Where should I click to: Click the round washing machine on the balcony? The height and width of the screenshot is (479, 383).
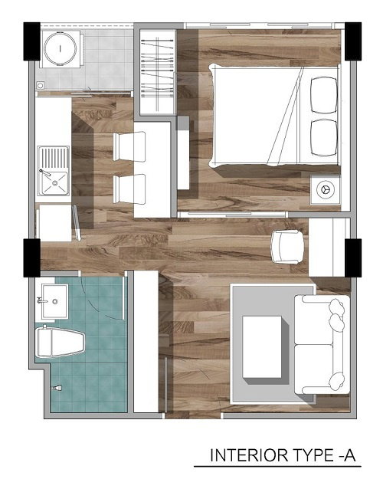coord(61,48)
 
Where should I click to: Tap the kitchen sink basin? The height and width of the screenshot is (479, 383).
coord(55,183)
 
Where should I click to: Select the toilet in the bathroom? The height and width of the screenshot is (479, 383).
coord(61,343)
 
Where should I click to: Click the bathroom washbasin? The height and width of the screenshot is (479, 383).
coord(54,301)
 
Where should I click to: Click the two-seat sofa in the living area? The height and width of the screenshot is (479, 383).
coord(322,345)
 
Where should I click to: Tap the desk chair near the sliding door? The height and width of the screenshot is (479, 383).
coord(288,247)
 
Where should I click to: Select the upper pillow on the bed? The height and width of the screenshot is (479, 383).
coord(324,95)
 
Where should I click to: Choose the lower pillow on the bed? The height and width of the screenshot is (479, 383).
coord(324,138)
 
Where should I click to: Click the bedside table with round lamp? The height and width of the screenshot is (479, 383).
coord(325,189)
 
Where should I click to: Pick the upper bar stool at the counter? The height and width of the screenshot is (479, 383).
coord(129,146)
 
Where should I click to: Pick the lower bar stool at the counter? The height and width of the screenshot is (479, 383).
coord(129,189)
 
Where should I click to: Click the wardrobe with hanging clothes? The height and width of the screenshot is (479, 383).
coord(158,72)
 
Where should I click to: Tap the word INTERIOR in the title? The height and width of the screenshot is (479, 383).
coord(250,455)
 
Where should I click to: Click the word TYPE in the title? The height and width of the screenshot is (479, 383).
coord(314,455)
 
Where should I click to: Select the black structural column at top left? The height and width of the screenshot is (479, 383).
coord(31,41)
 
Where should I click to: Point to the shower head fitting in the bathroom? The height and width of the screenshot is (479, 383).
coord(57,388)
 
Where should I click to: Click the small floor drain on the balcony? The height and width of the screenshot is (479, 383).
coord(41,85)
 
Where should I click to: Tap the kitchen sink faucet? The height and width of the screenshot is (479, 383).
coord(45,172)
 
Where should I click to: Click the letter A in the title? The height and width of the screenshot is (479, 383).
coord(350,455)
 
